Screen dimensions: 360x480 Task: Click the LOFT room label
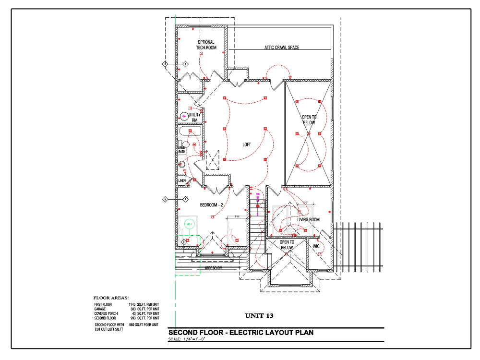tap(247, 144)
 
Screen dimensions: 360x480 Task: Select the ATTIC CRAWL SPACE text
tap(282, 48)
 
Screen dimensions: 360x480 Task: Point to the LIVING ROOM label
tap(308, 220)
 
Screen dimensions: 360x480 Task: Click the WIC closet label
tap(316, 246)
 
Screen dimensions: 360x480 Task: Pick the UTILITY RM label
tap(195, 118)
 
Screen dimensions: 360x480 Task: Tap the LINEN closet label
tap(182, 181)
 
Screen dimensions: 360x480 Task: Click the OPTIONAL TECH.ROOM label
tap(206, 45)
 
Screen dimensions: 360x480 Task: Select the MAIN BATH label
tap(182, 149)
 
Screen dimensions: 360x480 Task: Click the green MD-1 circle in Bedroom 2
tap(189, 225)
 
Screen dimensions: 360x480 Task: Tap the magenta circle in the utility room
tap(184, 116)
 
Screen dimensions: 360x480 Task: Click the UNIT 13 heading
tap(259, 316)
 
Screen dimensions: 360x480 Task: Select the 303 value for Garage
tap(133, 309)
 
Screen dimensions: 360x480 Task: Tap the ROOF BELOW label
tap(214, 268)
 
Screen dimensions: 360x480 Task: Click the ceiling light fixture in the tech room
tap(202, 54)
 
